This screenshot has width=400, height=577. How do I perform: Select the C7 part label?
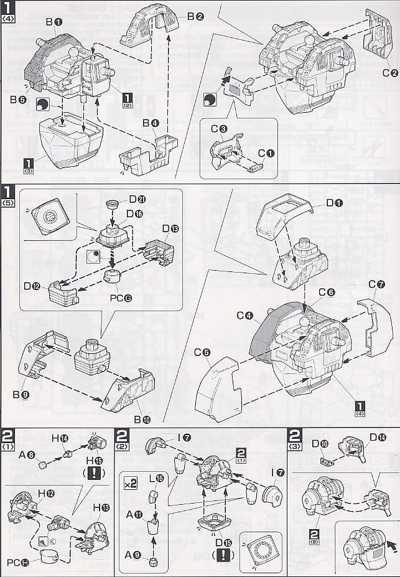[376, 284]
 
